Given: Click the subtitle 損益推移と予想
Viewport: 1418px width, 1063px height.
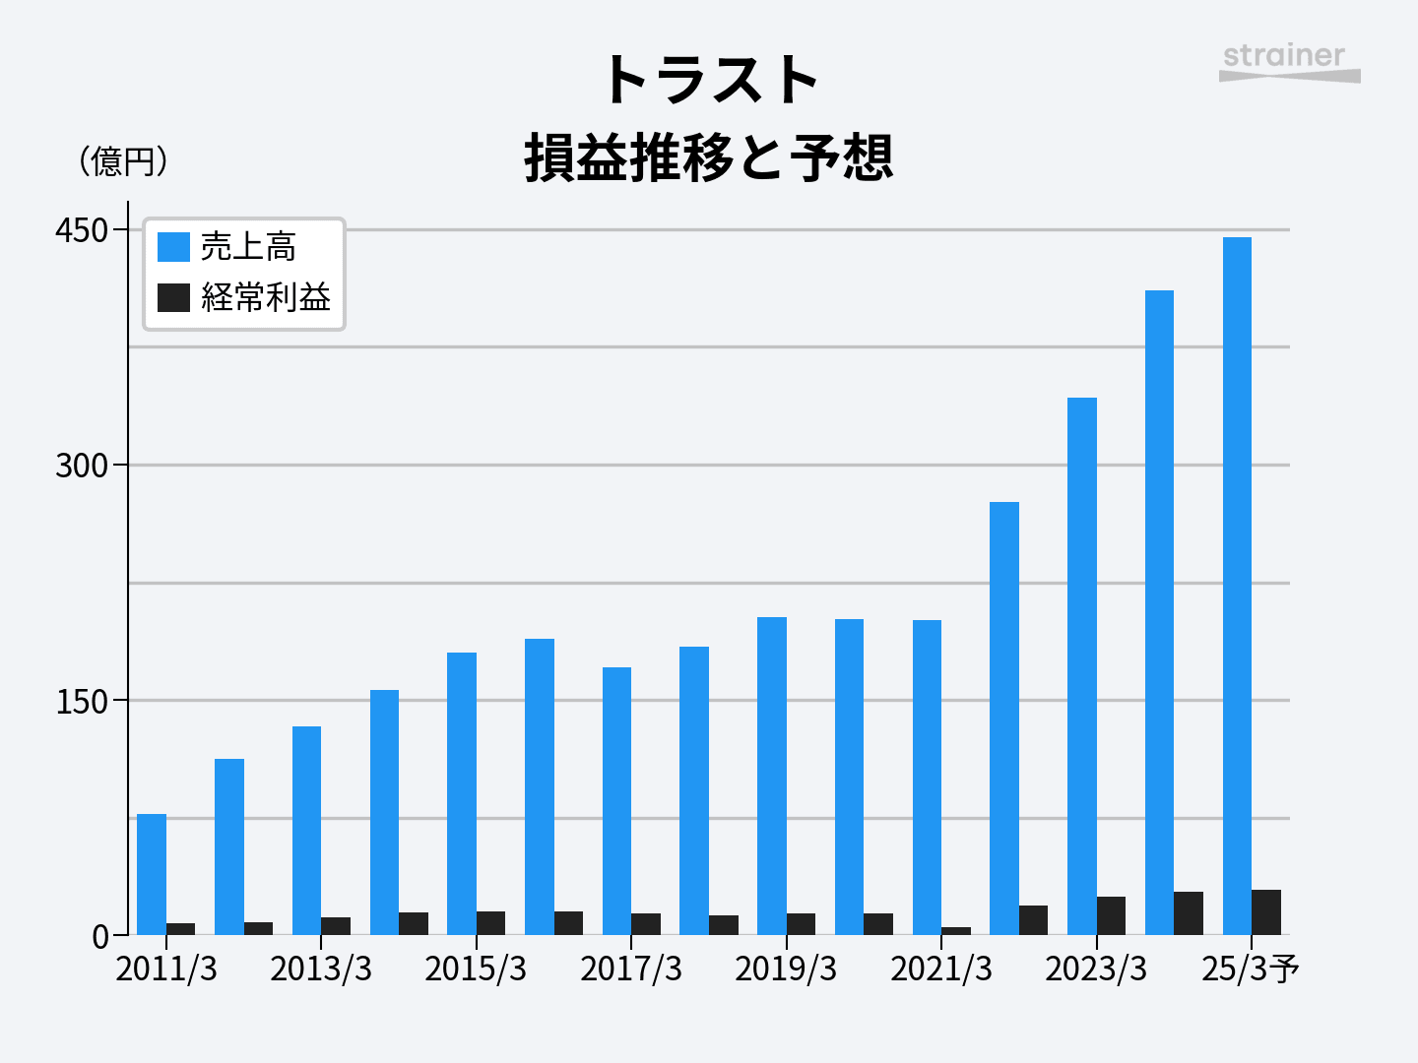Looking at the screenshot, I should (x=709, y=157).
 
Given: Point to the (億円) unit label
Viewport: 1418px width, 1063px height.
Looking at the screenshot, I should (x=123, y=160).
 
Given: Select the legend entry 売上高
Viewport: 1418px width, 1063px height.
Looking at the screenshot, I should (x=247, y=246).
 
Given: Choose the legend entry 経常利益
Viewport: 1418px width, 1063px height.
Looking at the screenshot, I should (x=265, y=297).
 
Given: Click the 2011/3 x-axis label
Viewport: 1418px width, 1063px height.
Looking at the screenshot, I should (x=166, y=969).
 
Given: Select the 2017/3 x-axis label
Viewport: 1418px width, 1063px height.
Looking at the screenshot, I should (x=631, y=969).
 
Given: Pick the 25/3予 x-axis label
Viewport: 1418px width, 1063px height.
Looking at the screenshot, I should (x=1250, y=969).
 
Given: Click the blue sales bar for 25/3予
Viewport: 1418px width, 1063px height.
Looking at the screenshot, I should (x=1237, y=586).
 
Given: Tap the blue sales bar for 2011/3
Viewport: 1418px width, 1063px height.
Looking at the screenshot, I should (x=152, y=874).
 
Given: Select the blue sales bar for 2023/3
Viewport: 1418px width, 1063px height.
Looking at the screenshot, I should (x=1082, y=665).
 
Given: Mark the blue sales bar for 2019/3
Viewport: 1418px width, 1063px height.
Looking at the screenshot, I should (x=772, y=776).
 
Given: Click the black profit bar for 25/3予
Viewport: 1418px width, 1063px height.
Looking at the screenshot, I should (x=1266, y=912).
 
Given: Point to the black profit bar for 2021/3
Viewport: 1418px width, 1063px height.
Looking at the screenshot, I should (x=956, y=931).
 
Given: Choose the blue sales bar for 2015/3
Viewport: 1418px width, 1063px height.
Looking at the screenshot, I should (x=462, y=793).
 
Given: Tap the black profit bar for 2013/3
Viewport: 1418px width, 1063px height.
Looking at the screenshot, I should (x=336, y=926).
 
